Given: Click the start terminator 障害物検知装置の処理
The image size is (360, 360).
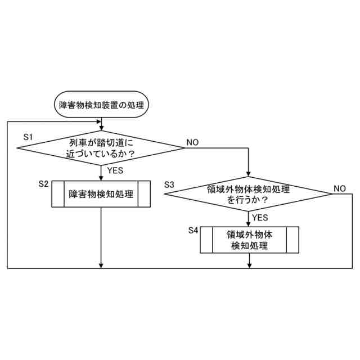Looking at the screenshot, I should [x=101, y=105].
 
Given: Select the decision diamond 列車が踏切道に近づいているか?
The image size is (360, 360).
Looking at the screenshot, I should [x=101, y=148].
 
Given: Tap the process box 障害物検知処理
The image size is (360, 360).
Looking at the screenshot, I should [x=101, y=195].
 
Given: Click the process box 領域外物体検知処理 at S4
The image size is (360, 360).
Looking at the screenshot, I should [x=247, y=240].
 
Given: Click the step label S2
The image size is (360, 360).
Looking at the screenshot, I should [x=44, y=184].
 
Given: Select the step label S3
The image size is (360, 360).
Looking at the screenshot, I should [x=169, y=184].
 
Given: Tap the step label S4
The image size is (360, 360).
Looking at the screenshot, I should [x=193, y=230].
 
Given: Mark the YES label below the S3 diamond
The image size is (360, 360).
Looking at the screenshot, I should [x=260, y=217].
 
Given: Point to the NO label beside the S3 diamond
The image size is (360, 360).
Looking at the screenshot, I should [x=339, y=188].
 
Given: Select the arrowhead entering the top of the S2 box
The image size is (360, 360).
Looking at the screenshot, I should [x=101, y=178].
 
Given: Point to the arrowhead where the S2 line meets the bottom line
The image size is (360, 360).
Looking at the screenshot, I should [x=101, y=265].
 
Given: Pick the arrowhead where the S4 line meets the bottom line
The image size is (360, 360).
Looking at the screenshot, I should [x=247, y=265].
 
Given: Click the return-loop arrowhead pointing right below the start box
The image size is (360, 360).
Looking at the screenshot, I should [x=98, y=122].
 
